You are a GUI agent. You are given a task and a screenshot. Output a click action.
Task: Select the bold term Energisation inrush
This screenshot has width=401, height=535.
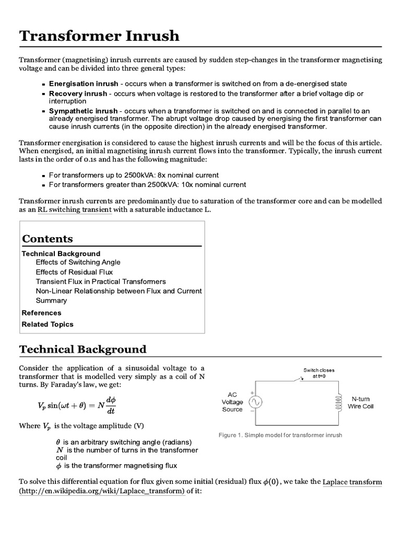point(83,84)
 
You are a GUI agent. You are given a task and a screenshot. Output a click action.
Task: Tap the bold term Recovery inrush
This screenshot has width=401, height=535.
point(78,94)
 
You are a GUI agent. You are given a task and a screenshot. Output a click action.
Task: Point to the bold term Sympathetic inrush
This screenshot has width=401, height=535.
point(83,111)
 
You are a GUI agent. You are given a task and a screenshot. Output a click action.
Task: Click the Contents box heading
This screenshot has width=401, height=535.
point(48,239)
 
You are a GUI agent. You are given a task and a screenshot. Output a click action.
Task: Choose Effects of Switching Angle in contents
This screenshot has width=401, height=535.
point(78,262)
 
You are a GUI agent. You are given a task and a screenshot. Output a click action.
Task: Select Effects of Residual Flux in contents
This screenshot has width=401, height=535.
point(74,272)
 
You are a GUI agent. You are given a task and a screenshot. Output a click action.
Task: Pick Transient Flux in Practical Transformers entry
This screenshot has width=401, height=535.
point(101,282)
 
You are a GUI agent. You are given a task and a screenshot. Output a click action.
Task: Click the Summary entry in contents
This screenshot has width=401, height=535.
point(51,300)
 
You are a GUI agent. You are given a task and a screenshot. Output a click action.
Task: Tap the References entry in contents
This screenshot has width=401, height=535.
point(41,313)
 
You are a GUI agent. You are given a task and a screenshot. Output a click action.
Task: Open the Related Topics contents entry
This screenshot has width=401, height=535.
point(48,324)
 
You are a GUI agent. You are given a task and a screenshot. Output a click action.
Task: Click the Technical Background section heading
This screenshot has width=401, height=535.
point(82,349)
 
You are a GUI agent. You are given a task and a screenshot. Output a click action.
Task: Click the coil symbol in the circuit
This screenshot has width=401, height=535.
point(337,402)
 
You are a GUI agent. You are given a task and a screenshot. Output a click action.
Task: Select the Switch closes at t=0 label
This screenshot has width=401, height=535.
point(319,374)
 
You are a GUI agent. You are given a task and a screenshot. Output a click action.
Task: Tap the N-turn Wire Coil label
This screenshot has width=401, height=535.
point(361,402)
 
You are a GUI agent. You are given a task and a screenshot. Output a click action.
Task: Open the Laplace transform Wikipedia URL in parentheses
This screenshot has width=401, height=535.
point(102,492)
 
